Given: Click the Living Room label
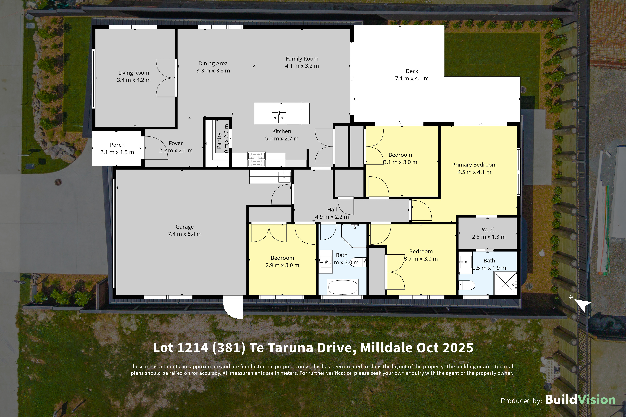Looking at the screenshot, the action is point(134,73).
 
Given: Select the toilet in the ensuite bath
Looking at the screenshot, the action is point(467,285).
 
